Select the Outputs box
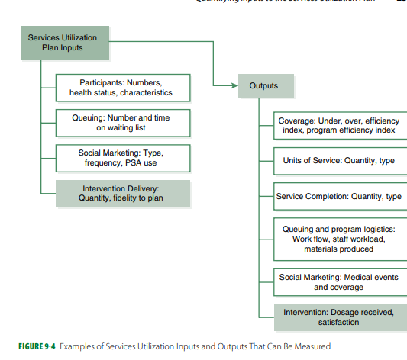[x=263, y=85]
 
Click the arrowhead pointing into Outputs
[x=234, y=85]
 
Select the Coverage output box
[x=340, y=126]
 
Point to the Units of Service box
[x=340, y=161]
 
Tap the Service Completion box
[x=340, y=197]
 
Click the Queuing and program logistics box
[x=340, y=239]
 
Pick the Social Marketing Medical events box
[x=340, y=282]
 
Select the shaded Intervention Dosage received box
[x=340, y=317]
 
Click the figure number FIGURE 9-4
[x=31, y=346]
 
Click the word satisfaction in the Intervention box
[x=338, y=323]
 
